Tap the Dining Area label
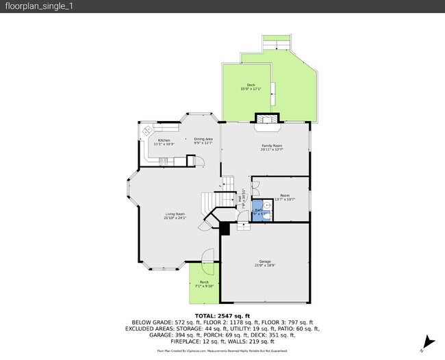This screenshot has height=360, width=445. pyautogui.click(x=203, y=141)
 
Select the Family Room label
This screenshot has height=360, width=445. pyautogui.click(x=272, y=147)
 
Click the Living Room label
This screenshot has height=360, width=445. pyautogui.click(x=175, y=216)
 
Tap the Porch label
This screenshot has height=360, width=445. pyautogui.click(x=204, y=283)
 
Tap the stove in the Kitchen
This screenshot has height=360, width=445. pyautogui.click(x=164, y=161)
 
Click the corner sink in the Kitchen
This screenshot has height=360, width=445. pyautogui.click(x=147, y=129)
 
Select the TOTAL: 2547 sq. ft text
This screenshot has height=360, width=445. pyautogui.click(x=222, y=316)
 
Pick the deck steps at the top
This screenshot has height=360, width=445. pyautogui.click(x=277, y=44)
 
